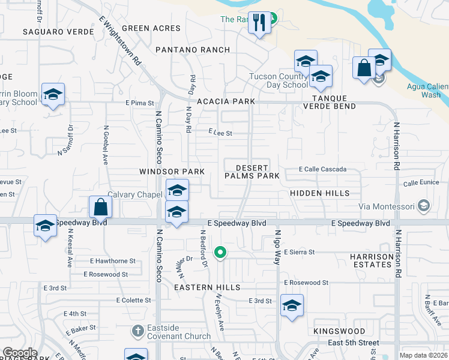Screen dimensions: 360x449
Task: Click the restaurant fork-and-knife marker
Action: pos(259,24)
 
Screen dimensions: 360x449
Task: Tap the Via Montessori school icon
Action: pos(424,206)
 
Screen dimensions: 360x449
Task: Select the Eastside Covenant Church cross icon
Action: pos(137,331)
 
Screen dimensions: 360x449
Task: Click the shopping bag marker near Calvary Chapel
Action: pos(101,208)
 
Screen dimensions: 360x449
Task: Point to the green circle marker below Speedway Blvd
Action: pos(221,253)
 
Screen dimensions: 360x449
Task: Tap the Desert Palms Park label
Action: pos(252,172)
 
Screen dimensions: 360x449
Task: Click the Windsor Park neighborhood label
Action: pos(172,172)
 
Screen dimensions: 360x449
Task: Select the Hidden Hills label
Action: pos(319,193)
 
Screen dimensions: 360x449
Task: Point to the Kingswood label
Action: pos(339,331)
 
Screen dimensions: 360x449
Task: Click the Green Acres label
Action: pos(151,28)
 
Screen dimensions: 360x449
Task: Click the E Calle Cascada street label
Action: pos(323,170)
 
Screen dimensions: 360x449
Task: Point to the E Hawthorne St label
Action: pos(113,261)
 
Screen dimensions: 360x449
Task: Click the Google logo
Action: pos(20,353)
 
